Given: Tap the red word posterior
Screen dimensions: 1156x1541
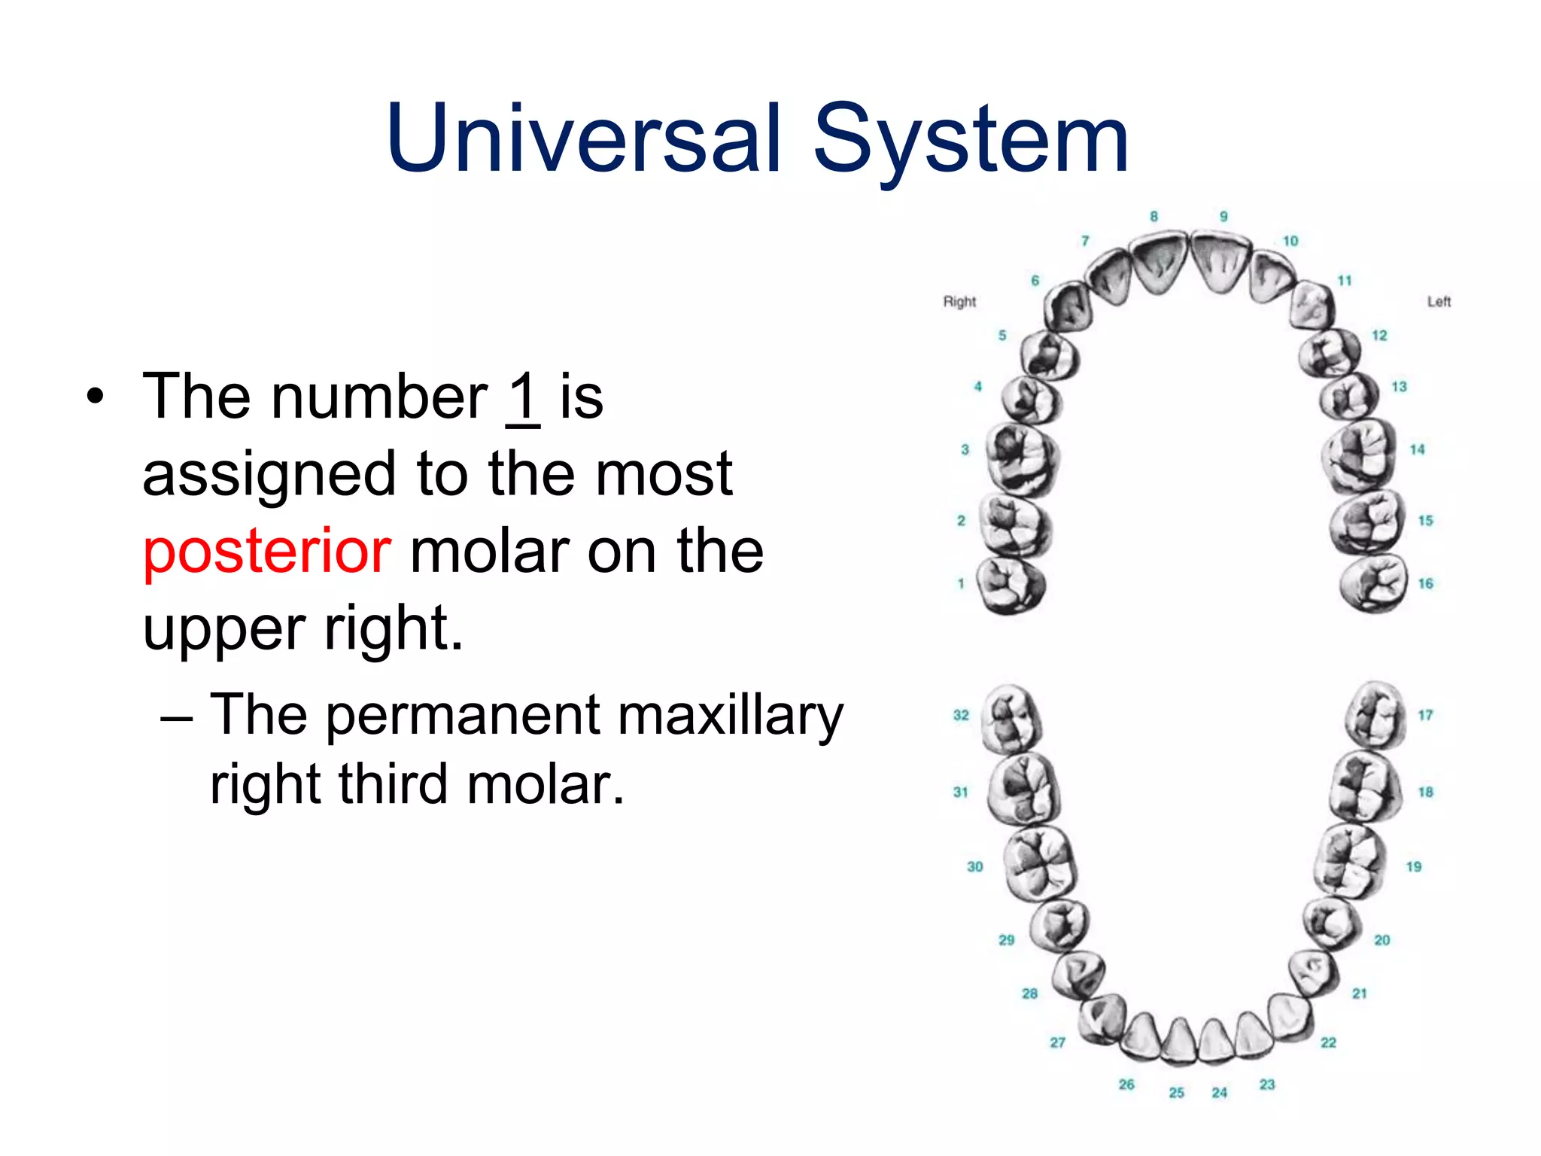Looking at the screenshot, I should point(266,551).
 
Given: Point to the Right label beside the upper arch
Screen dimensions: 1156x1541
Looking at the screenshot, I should point(959,302).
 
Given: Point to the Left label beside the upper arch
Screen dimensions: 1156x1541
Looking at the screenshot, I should point(1438,302).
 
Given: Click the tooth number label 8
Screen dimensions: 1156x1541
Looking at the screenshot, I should point(1153,217).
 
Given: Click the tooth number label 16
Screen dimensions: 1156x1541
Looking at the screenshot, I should point(1425,583).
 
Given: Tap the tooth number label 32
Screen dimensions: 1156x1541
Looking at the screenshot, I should point(961,715).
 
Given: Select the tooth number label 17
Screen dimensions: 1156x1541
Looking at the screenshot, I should point(1425,715).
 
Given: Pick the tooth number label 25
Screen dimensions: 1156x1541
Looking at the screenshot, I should point(1177,1092).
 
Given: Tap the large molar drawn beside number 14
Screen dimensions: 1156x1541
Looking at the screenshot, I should point(1360,456).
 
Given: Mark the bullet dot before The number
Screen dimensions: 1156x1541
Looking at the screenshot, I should point(93,397).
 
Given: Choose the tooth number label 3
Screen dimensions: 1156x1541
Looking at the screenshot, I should point(965,450).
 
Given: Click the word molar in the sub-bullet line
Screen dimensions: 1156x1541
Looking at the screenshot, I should point(546,786).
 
